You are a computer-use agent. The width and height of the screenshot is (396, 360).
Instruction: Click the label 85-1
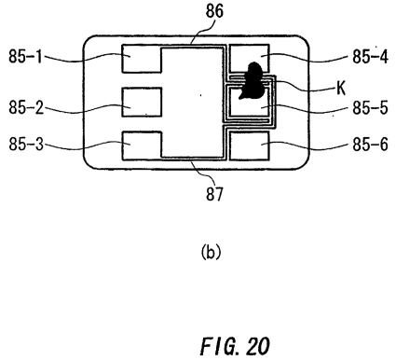[25, 57]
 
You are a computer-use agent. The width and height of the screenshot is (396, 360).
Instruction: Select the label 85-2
[26, 108]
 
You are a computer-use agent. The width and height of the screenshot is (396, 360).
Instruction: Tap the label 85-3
[26, 145]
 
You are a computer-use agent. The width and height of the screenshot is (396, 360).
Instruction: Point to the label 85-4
[370, 57]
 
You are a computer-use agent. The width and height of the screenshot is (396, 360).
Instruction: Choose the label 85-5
[370, 108]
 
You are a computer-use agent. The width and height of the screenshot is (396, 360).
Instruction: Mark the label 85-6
[370, 145]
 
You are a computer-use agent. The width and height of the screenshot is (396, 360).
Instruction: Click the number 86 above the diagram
[214, 11]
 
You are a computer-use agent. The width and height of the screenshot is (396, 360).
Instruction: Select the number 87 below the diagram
[214, 193]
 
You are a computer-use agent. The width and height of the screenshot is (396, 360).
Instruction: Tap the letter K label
[341, 89]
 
